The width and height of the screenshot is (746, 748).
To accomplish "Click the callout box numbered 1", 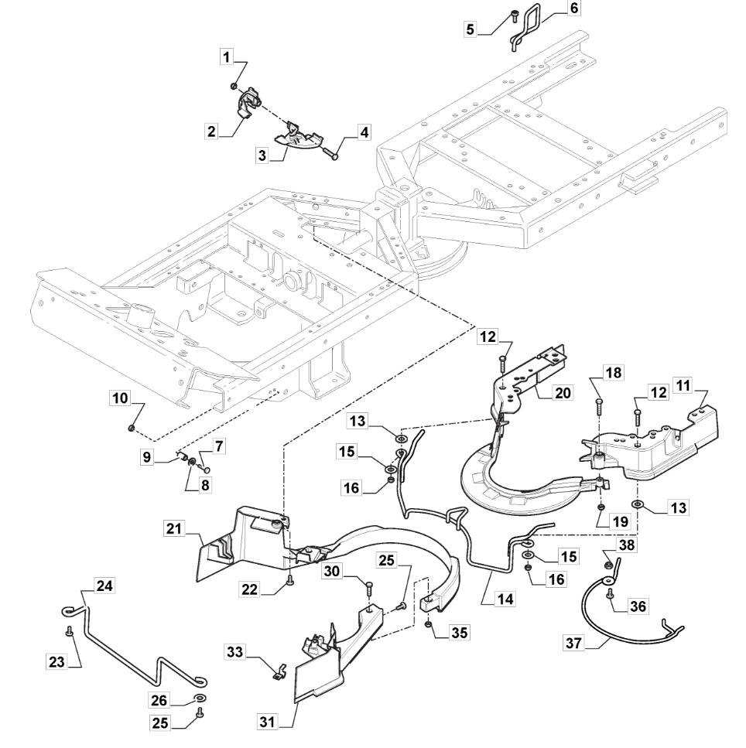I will click(x=226, y=56).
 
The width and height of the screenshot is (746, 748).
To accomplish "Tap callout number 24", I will click(x=104, y=586).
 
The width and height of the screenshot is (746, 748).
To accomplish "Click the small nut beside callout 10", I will click(x=132, y=427).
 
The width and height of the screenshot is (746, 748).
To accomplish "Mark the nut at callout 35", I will click(x=428, y=624).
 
